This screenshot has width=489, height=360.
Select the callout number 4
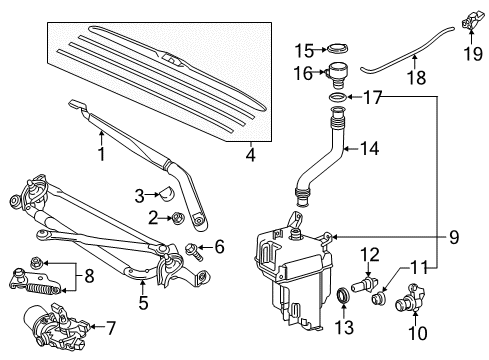251,155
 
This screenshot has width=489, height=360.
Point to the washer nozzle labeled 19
466,17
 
